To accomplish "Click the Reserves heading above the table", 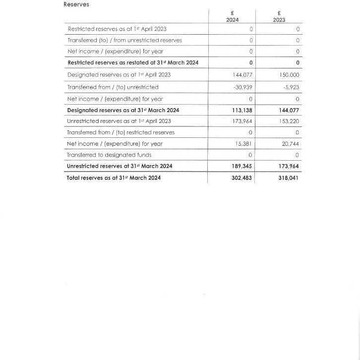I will (76, 4).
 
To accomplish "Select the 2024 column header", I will (232, 20).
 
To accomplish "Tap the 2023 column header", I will (279, 20).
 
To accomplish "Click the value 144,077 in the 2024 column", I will (243, 75).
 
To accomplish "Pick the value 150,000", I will (290, 75).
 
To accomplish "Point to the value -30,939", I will (243, 87).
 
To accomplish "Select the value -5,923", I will (291, 87).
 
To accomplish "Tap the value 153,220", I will (290, 121).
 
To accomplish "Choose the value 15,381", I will (244, 144).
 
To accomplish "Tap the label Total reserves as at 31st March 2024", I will (114, 178).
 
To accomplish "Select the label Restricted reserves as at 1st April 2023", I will (117, 29).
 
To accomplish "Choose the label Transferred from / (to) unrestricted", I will (113, 87).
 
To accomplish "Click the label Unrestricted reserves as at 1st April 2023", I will (120, 121).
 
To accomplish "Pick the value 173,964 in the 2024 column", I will (243, 121).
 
